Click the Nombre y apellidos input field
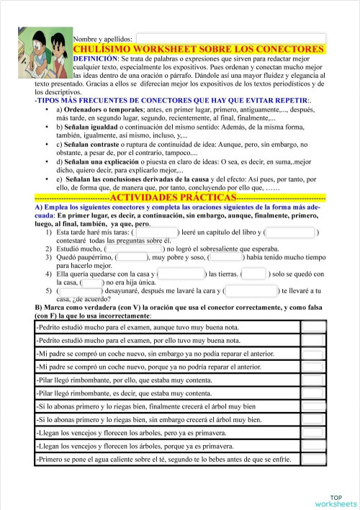(230, 38)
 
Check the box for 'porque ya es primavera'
(313, 447)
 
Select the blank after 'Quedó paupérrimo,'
(132, 257)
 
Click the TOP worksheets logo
(336, 501)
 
